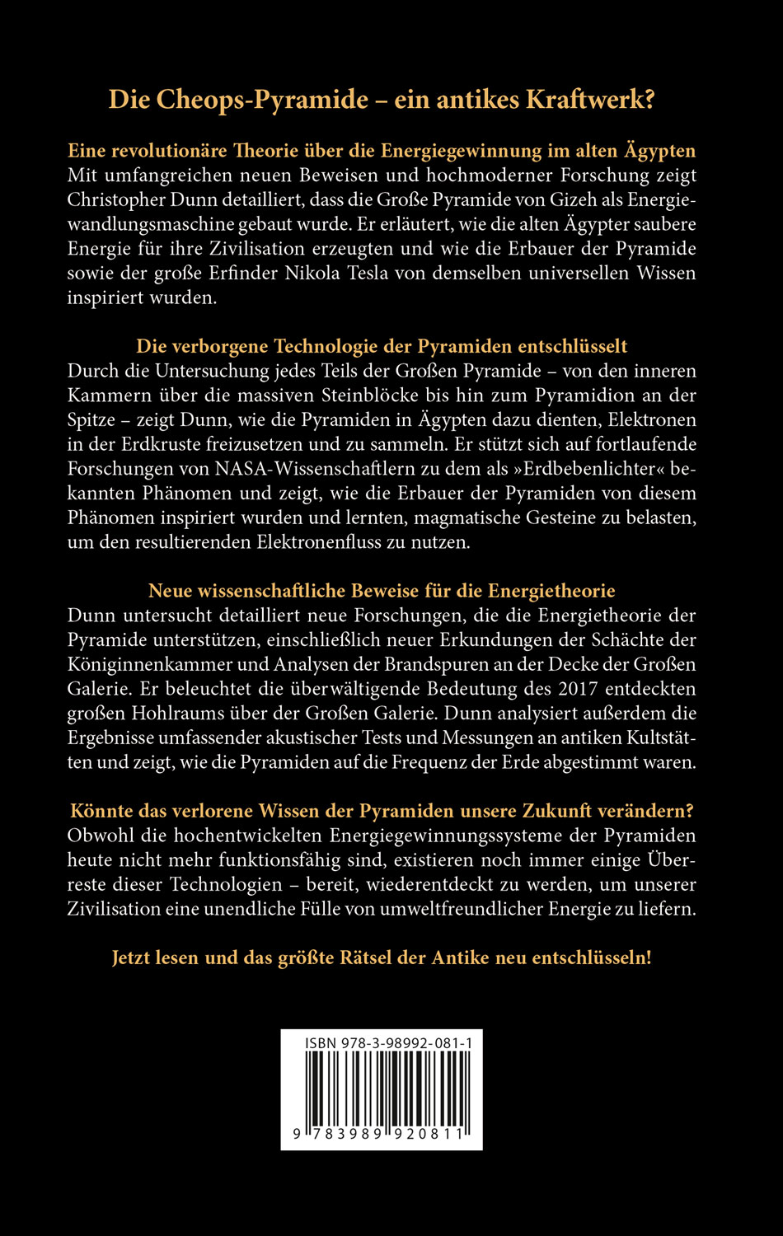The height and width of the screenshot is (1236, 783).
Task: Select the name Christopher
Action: (x=117, y=199)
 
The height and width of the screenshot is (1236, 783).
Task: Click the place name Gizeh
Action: (x=568, y=199)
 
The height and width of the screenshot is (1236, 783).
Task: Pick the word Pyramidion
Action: (x=602, y=395)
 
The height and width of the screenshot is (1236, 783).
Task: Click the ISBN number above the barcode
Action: (x=388, y=1043)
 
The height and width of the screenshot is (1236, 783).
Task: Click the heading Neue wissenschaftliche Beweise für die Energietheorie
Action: (x=382, y=591)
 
